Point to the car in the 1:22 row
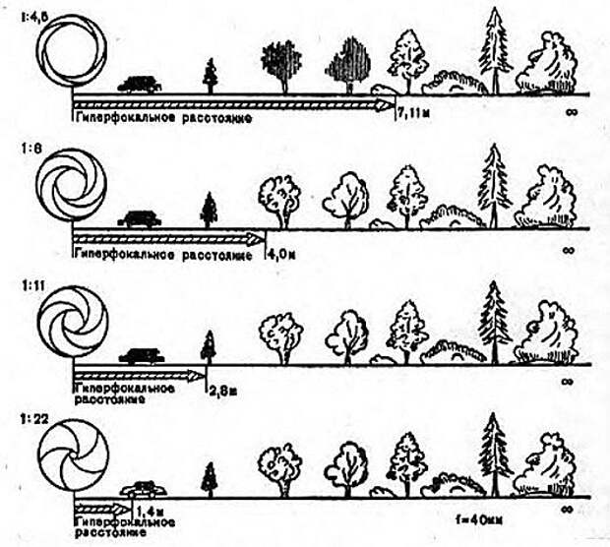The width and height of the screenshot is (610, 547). point(145,489)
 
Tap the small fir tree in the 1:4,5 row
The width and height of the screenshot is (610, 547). point(210,76)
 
